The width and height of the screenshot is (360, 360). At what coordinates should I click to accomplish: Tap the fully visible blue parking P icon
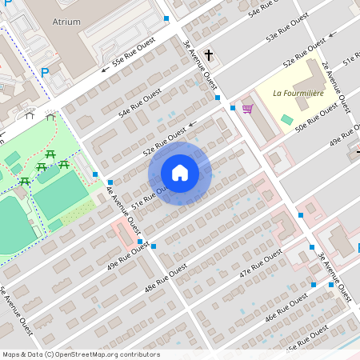point(45,73)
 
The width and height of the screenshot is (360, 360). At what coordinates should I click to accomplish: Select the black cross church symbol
point(209,55)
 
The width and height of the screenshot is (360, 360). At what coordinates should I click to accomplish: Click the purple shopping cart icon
point(247,109)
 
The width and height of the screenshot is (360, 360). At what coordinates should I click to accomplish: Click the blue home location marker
point(180,173)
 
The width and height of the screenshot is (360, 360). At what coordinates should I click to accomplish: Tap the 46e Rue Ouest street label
point(286,303)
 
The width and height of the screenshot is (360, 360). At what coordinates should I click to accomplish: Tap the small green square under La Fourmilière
point(287,119)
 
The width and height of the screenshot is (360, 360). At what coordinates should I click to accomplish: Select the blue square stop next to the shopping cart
point(232,107)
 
